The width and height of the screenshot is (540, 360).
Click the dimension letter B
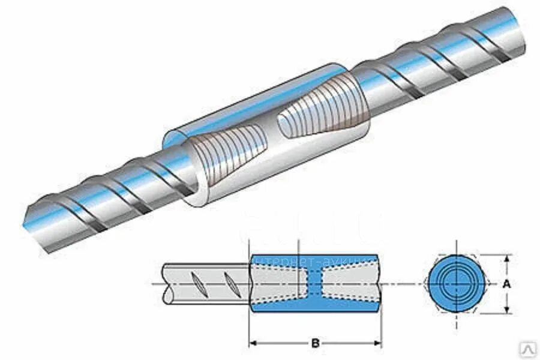tap(315, 344)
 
